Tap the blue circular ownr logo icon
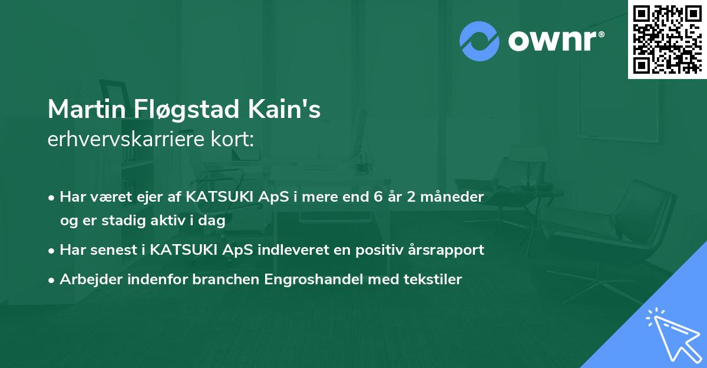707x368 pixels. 479,41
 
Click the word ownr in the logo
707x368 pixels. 556,41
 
